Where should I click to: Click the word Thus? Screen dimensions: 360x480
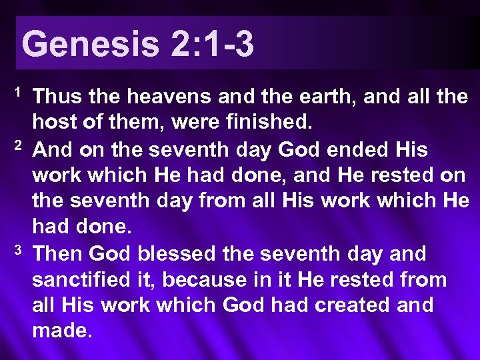click(57, 98)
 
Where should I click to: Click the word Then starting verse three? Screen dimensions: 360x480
click(58, 254)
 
